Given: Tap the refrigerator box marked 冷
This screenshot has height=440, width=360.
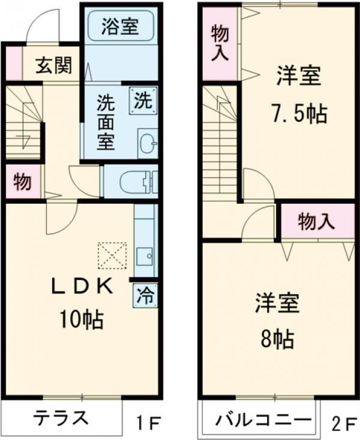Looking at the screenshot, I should click(x=145, y=295).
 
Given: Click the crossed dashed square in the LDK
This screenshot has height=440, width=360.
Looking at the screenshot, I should click(x=112, y=255).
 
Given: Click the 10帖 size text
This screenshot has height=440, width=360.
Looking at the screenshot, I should click(x=81, y=319).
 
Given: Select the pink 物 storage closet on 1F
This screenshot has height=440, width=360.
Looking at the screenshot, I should click(x=23, y=182).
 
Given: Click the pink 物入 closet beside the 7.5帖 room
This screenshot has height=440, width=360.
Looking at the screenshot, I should click(x=220, y=44).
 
